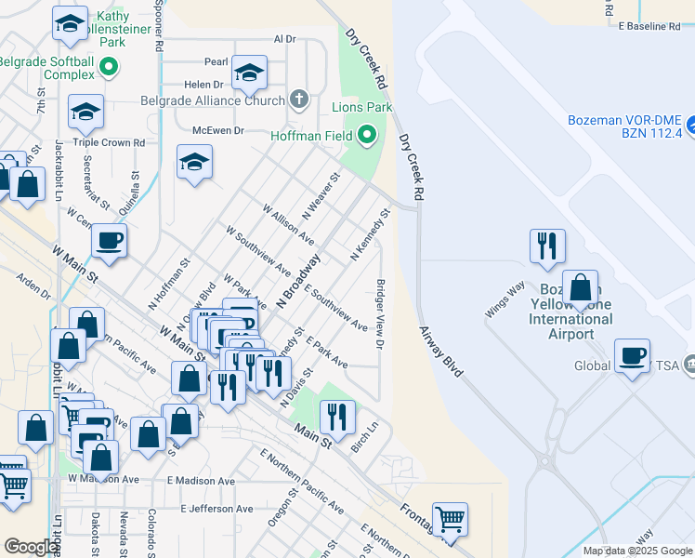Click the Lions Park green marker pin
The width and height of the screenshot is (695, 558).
(x=386, y=108)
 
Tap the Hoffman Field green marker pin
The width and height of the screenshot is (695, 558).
(x=367, y=136)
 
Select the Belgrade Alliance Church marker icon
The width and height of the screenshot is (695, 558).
(x=298, y=99)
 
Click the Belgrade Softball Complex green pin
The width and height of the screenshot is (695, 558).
(x=109, y=67)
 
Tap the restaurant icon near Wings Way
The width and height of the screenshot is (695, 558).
(x=546, y=246)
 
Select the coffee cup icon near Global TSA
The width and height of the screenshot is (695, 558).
(x=633, y=356)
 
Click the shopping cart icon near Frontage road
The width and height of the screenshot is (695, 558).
(x=450, y=520)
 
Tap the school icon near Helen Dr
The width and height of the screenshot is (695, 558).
(x=249, y=73)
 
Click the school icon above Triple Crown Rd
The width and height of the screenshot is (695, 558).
(x=85, y=113)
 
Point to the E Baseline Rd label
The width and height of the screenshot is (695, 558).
(x=655, y=27)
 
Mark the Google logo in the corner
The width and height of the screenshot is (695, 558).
(x=31, y=547)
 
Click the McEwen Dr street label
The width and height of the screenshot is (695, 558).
(x=217, y=131)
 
